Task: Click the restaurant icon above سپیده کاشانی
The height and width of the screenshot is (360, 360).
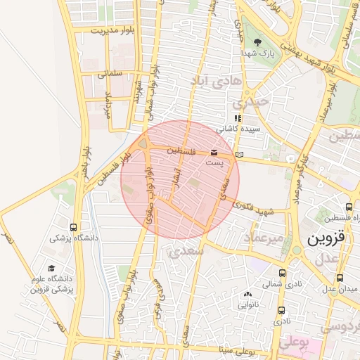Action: click(x=238, y=118)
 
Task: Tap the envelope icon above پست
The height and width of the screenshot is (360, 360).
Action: click(x=214, y=153)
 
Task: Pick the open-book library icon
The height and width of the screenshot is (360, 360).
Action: click(x=240, y=154)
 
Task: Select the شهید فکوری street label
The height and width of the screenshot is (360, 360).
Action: click(x=254, y=208)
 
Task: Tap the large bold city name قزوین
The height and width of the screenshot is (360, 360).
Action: click(x=328, y=238)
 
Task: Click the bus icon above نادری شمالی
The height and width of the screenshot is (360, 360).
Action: click(x=282, y=274)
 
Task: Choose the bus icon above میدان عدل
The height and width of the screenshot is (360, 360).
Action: click(x=340, y=278)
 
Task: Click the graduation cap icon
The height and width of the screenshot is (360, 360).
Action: click(x=51, y=268)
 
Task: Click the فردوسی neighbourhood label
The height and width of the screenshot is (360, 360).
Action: click(x=340, y=328)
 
